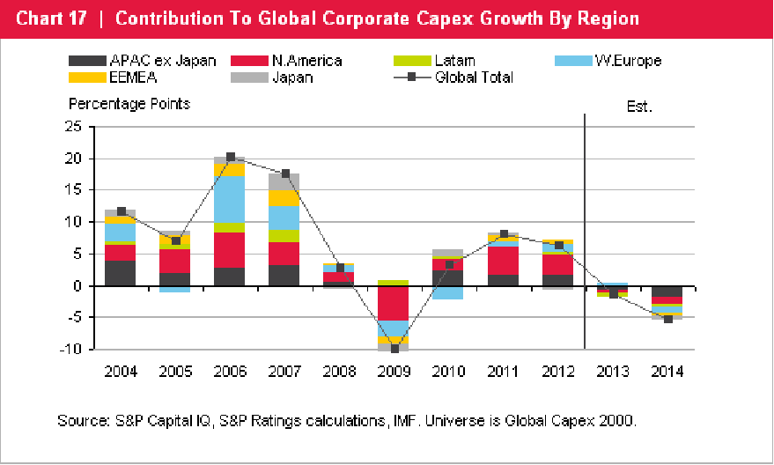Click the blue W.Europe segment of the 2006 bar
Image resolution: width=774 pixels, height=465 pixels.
tap(231, 199)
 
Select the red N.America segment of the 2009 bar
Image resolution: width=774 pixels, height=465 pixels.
tap(394, 303)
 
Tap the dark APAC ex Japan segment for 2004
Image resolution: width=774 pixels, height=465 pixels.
tap(121, 273)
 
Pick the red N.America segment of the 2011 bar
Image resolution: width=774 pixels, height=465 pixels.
tap(503, 260)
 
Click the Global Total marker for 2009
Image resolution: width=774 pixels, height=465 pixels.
tap(394, 349)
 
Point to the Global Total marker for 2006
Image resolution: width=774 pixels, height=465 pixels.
tap(231, 157)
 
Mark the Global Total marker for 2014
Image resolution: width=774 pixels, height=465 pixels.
tap(668, 319)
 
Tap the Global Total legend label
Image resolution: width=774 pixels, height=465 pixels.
tap(474, 77)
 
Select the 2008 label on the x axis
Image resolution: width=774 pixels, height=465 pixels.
tap(339, 371)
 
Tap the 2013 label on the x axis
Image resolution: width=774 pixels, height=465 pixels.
tap(613, 371)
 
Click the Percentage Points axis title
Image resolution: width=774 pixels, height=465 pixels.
tap(129, 104)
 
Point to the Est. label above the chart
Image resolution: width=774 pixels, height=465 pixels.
tap(639, 107)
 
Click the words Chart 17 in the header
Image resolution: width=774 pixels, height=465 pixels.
tap(51, 18)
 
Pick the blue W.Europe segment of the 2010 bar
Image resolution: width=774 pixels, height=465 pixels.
tap(448, 292)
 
